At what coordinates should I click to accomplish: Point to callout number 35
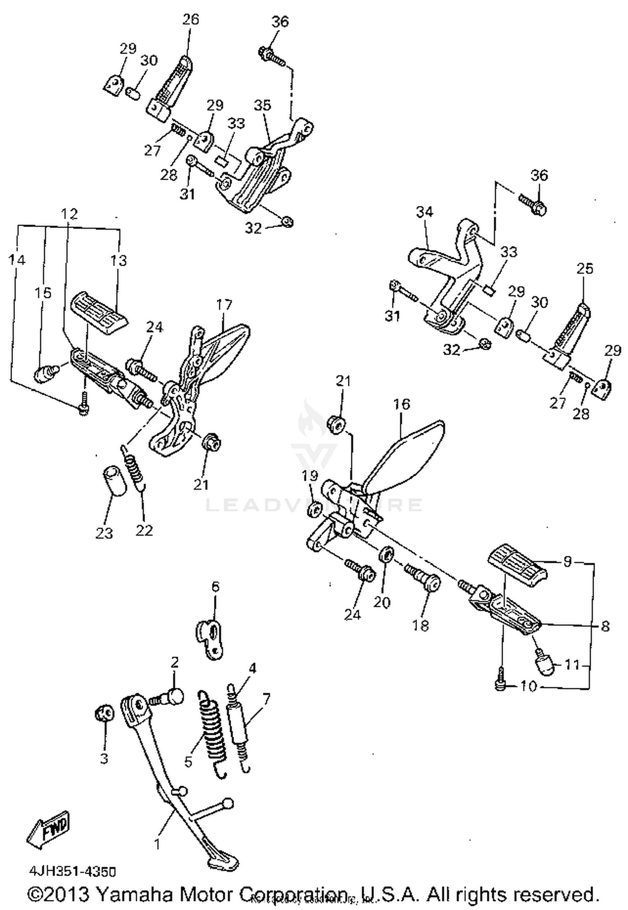tap(263, 105)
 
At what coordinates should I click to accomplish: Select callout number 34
tap(424, 212)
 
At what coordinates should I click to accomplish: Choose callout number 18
tap(420, 625)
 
